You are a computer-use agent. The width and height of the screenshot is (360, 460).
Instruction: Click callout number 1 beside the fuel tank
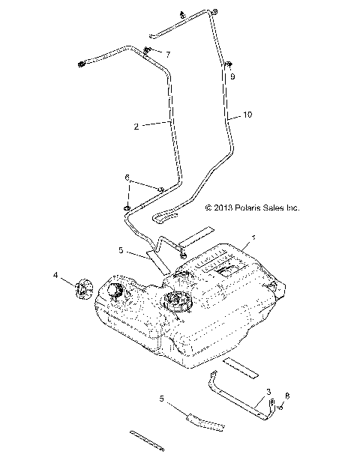tap(253, 237)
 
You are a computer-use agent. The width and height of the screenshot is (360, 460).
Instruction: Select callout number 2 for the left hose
tap(136, 127)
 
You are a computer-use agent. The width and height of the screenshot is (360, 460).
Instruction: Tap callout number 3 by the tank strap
tap(268, 392)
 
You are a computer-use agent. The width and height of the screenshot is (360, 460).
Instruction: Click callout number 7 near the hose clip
tap(168, 54)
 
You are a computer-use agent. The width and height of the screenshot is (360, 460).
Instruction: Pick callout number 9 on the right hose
tap(232, 76)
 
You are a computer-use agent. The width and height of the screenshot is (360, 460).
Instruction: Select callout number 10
tap(247, 116)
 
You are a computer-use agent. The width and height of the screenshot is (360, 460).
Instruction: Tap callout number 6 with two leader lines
tap(127, 178)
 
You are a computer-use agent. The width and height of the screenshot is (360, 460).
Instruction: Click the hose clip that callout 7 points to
tap(148, 51)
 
